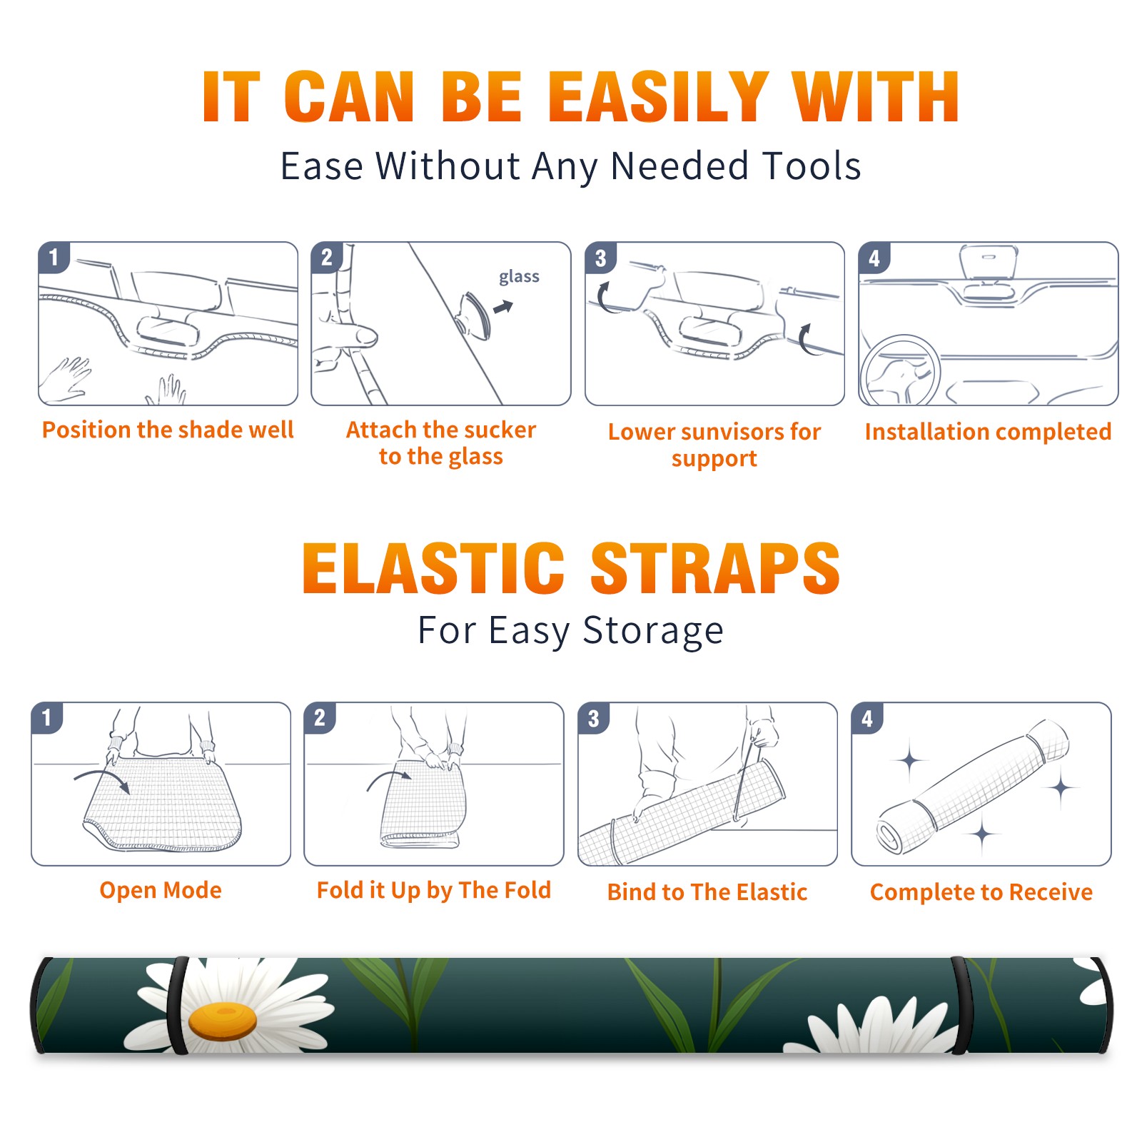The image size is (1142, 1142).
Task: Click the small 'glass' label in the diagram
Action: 519,277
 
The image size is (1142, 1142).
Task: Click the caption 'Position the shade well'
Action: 168,430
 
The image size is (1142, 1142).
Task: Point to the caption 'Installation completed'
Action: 988,431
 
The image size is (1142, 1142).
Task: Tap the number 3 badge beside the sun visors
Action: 600,258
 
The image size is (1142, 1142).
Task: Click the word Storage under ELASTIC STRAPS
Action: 653,631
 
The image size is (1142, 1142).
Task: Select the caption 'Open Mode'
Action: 161,890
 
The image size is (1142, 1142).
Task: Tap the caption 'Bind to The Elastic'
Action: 707,892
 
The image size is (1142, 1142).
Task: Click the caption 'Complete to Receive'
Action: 981,892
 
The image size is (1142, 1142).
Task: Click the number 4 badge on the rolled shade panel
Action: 867,718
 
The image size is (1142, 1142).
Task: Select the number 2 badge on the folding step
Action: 320,717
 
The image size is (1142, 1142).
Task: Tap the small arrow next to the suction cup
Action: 504,307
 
